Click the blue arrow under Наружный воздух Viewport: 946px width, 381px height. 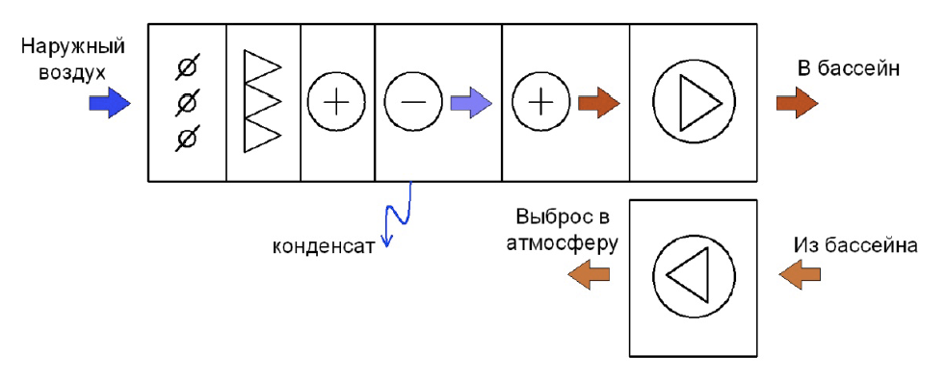coord(110,103)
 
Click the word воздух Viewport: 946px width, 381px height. coord(73,72)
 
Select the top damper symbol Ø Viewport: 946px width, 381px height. coord(188,68)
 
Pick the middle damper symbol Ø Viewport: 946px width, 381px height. coord(188,104)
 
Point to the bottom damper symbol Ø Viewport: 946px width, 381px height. coord(188,140)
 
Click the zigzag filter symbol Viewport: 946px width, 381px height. coord(262,101)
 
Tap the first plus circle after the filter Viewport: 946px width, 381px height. coord(336,103)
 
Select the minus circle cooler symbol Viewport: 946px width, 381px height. coord(413,103)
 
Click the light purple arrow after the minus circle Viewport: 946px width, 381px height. coord(471,103)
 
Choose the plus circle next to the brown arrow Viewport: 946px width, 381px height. coord(540,103)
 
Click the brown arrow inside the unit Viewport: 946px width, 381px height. coord(599,103)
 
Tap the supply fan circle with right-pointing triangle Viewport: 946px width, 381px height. coord(695,103)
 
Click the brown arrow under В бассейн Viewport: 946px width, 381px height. coord(797,103)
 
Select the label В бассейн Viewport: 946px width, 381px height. coord(848,69)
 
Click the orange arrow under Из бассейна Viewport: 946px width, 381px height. coord(800,274)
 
